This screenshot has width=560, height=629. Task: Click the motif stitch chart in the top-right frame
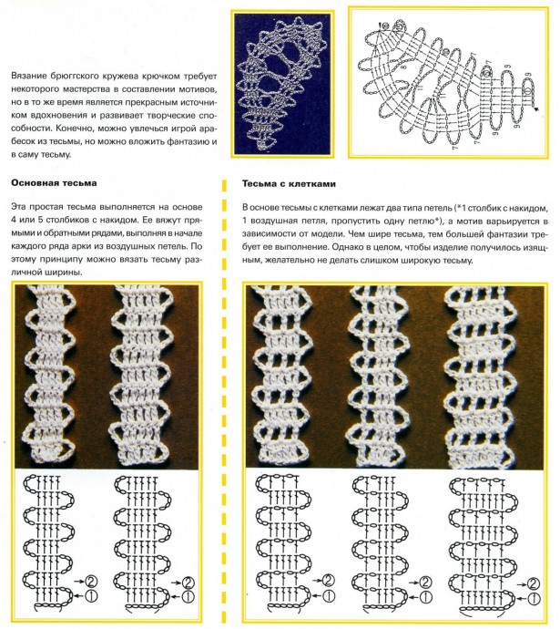(443, 85)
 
